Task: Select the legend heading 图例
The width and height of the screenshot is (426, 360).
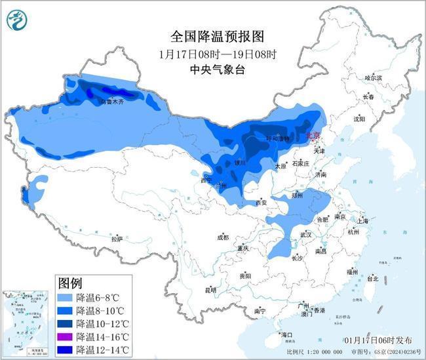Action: click(70, 284)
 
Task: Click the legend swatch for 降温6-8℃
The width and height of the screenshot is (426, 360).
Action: click(65, 297)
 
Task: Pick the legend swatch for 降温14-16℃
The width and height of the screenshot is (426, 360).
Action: click(65, 336)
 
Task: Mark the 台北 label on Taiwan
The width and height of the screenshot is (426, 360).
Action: click(372, 278)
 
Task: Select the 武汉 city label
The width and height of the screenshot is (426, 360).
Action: click(305, 234)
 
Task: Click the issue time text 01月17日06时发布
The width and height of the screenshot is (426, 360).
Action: click(378, 340)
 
